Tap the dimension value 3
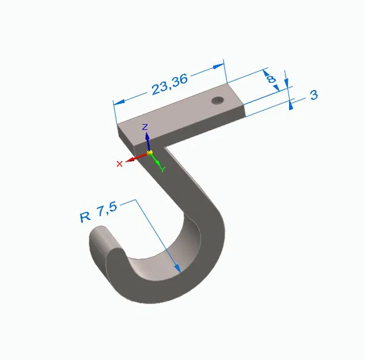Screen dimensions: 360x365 [x=314, y=95]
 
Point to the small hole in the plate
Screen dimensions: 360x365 [x=217, y=101]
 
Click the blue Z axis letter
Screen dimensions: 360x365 [x=146, y=126]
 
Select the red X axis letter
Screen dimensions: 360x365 [x=120, y=164]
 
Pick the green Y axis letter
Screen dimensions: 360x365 [x=163, y=169]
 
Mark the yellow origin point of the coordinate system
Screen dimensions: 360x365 [x=150, y=153]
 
